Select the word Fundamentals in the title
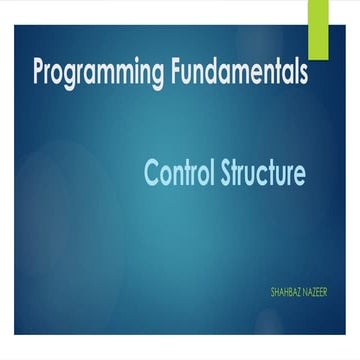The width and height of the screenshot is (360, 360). click(x=238, y=73)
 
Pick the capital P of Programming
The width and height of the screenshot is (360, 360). click(x=39, y=73)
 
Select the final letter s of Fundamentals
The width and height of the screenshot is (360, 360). click(x=301, y=74)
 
